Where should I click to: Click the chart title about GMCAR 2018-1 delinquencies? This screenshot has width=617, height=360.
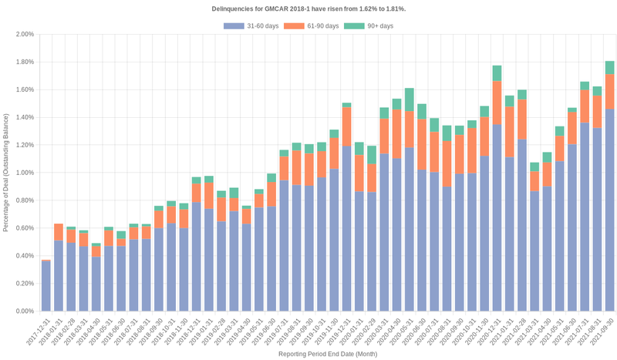point(308,8)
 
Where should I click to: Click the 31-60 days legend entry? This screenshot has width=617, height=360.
point(246,26)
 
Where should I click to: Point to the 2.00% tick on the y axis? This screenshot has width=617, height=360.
point(24,35)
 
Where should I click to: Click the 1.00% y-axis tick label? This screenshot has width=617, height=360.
point(24,173)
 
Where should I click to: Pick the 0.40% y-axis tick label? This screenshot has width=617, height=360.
point(24,256)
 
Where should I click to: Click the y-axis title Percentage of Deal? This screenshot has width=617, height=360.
point(6,173)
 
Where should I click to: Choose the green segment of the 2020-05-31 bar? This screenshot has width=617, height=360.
point(410,97)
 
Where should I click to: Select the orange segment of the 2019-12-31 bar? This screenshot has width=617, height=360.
point(347,126)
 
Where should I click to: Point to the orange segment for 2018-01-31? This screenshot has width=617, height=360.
point(59,232)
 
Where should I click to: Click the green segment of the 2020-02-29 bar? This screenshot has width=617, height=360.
point(372,154)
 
